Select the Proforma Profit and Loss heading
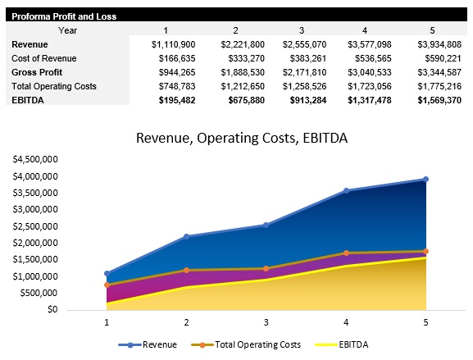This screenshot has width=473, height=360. pyautogui.click(x=64, y=16)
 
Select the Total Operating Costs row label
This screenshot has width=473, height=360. pyautogui.click(x=54, y=86)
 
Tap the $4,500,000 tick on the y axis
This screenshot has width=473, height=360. pyautogui.click(x=34, y=159)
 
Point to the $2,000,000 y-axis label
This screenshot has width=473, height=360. pyautogui.click(x=34, y=243)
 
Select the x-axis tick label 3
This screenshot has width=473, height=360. pyautogui.click(x=266, y=323)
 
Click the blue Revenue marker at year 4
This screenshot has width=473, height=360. pyautogui.click(x=346, y=191)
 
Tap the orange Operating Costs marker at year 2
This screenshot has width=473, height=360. pyautogui.click(x=186, y=270)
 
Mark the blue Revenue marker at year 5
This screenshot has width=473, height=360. pyautogui.click(x=425, y=179)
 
